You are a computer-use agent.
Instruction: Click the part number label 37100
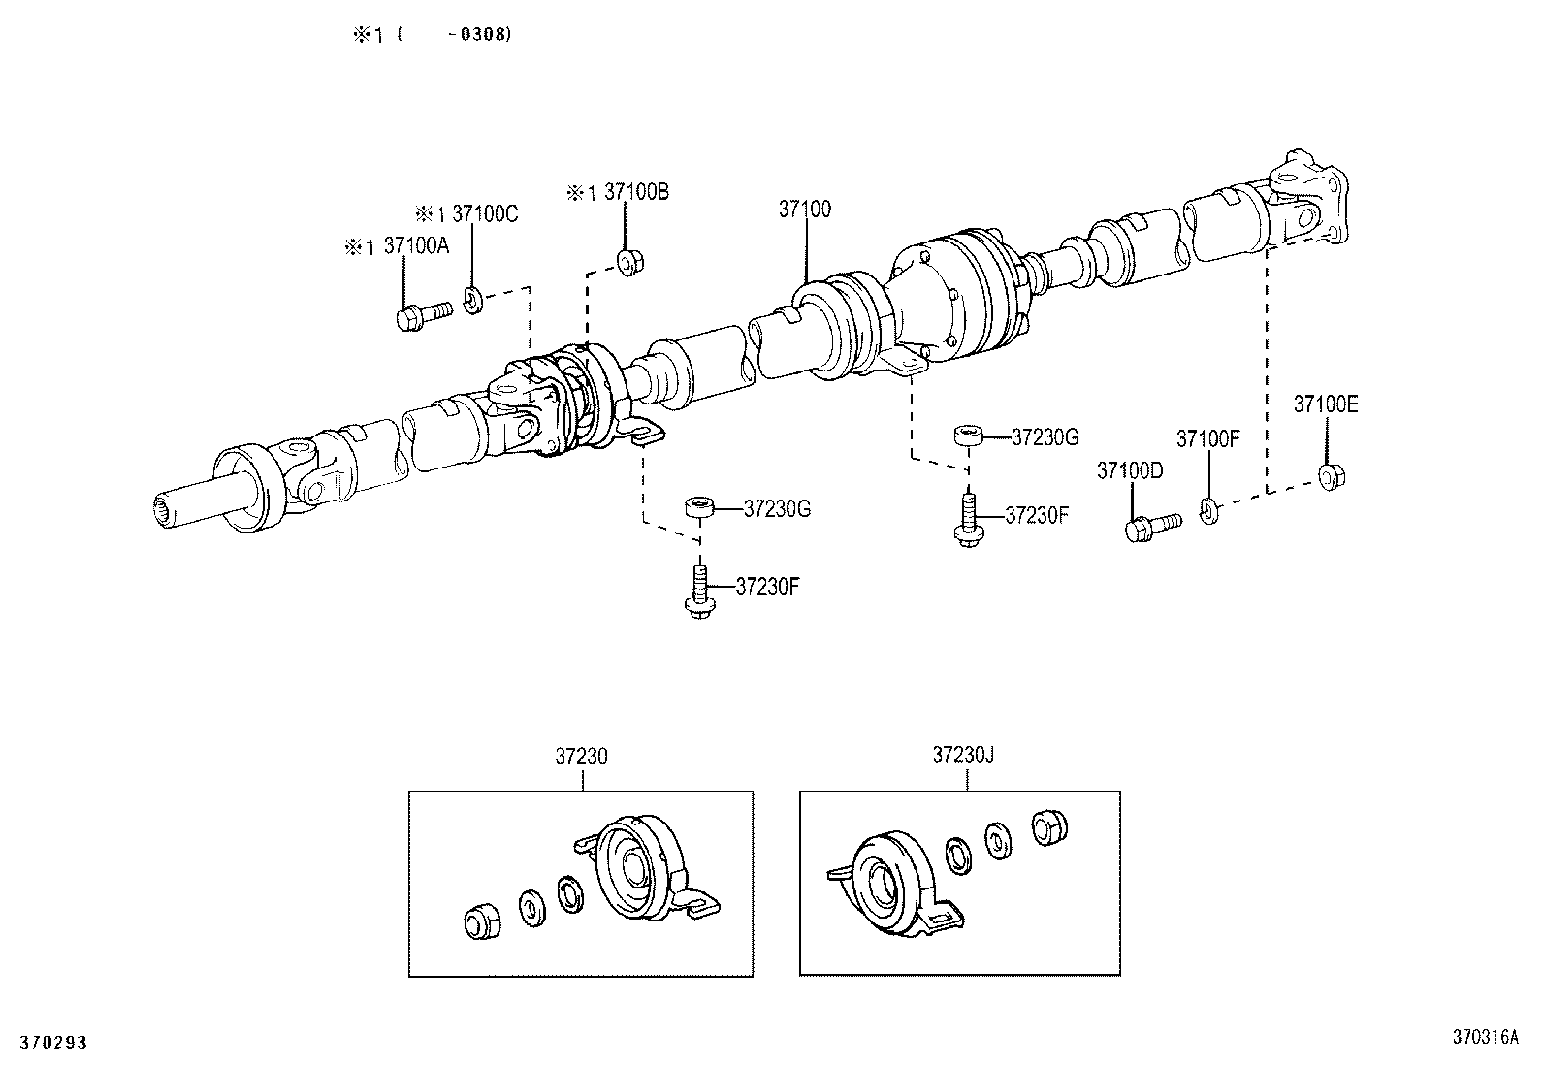804,209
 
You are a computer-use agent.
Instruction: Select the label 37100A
416,246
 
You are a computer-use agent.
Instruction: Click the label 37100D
1129,470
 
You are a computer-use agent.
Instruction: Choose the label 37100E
1325,404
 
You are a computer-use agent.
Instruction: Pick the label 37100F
1207,438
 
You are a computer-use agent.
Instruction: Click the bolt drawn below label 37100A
423,315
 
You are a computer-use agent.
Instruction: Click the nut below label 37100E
1330,475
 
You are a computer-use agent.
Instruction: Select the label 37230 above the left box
581,756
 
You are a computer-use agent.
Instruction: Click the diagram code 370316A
1484,1037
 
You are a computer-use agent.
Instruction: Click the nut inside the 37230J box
1047,825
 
